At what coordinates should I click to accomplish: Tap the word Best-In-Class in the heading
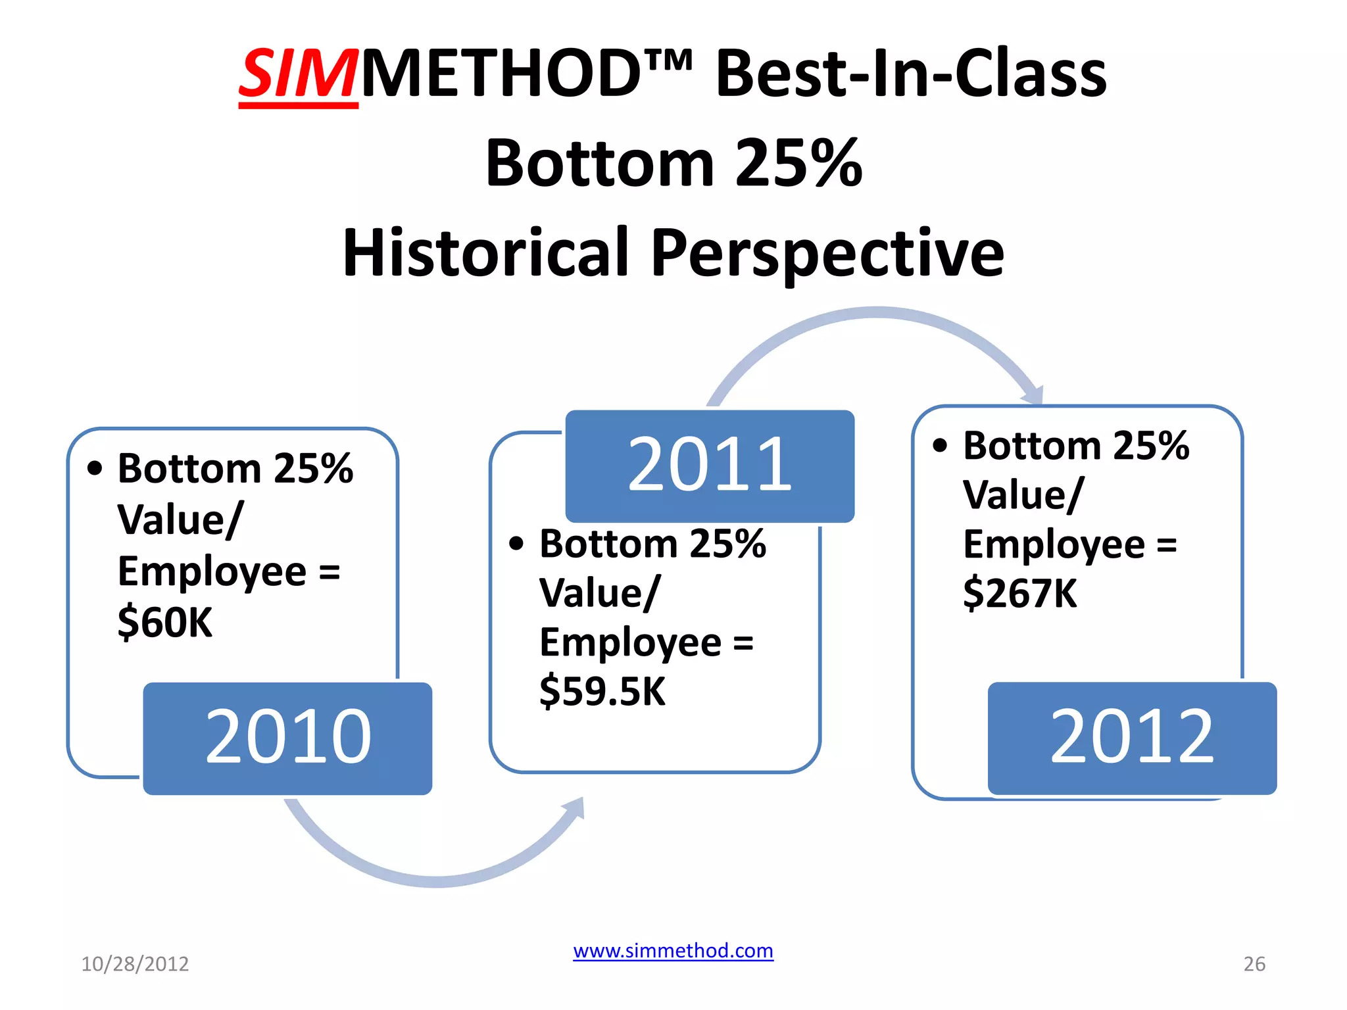point(911,74)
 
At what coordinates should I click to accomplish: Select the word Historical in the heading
point(485,253)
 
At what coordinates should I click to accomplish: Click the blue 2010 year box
point(287,738)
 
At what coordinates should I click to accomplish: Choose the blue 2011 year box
point(710,466)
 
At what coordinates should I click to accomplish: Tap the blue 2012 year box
point(1132,738)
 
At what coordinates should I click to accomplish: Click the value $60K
point(165,622)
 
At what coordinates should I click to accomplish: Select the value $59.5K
point(602,692)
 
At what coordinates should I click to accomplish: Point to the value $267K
point(1020,593)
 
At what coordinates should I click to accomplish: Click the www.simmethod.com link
point(673,951)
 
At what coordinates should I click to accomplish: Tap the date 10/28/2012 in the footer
point(135,964)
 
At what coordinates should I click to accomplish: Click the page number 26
point(1254,964)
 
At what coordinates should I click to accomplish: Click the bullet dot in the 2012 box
point(940,446)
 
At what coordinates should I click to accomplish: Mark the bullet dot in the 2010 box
point(95,468)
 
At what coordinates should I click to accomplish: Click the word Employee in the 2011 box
point(630,642)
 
